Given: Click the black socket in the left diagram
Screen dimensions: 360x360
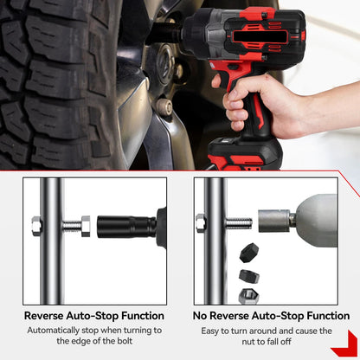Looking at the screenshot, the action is click(x=126, y=227).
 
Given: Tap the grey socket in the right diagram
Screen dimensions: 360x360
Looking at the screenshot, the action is click(x=274, y=221).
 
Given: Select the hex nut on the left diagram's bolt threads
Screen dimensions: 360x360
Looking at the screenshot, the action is click(x=86, y=226).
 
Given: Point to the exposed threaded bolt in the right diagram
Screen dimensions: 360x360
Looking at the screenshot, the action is click(x=239, y=223).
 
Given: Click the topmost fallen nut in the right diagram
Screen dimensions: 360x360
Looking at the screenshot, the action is click(x=249, y=253).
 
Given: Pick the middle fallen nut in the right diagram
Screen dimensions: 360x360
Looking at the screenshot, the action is click(x=249, y=276).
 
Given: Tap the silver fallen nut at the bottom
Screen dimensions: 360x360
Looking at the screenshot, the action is click(x=248, y=296).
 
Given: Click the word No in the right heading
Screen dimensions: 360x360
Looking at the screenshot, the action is click(x=200, y=316).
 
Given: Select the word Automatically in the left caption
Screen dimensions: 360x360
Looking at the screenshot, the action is click(x=54, y=331).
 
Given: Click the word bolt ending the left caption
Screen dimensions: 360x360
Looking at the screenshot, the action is click(x=125, y=341).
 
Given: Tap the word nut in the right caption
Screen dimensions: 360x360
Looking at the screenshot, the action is click(x=248, y=342).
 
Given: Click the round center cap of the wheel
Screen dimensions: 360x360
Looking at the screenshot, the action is click(x=165, y=64).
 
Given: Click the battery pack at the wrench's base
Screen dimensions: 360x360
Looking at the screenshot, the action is click(x=245, y=153).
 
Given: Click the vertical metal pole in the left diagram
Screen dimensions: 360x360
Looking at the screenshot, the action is click(x=51, y=241).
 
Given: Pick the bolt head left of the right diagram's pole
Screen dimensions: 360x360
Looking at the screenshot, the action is click(x=201, y=223).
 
